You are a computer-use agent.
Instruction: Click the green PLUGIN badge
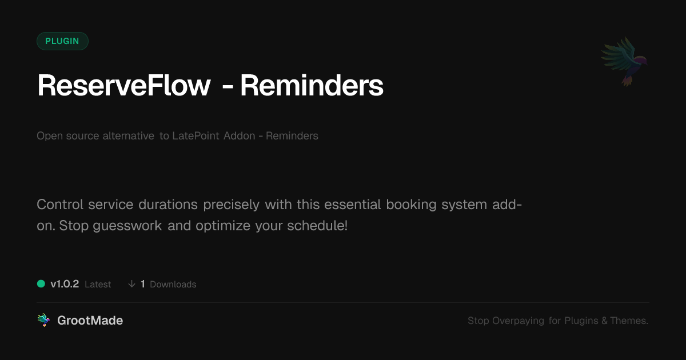click(x=62, y=41)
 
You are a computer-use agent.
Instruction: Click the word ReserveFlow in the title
click(x=124, y=85)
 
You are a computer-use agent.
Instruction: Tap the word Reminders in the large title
click(x=312, y=85)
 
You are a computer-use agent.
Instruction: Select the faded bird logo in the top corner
click(x=624, y=62)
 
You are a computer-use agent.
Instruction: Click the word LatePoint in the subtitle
click(x=196, y=135)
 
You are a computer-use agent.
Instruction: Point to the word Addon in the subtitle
click(x=239, y=135)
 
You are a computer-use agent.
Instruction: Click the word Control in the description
click(x=60, y=205)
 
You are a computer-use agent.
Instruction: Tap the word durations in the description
click(x=168, y=205)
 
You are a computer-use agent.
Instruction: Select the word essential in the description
click(x=353, y=205)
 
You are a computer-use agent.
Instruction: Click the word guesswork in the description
click(x=127, y=226)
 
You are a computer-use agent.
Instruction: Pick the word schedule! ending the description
click(x=317, y=226)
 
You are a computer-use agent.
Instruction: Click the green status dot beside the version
click(x=41, y=284)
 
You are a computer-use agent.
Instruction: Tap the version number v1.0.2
click(x=65, y=284)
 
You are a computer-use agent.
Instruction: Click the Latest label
click(x=98, y=285)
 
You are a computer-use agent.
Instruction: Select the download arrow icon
click(x=131, y=284)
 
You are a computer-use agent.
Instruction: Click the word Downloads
click(x=173, y=285)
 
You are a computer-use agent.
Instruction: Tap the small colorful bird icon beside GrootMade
click(x=43, y=320)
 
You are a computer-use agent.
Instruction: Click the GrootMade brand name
click(x=90, y=321)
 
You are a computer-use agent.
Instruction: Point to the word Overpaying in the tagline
click(x=518, y=321)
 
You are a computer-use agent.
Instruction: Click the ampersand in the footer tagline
click(x=605, y=321)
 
